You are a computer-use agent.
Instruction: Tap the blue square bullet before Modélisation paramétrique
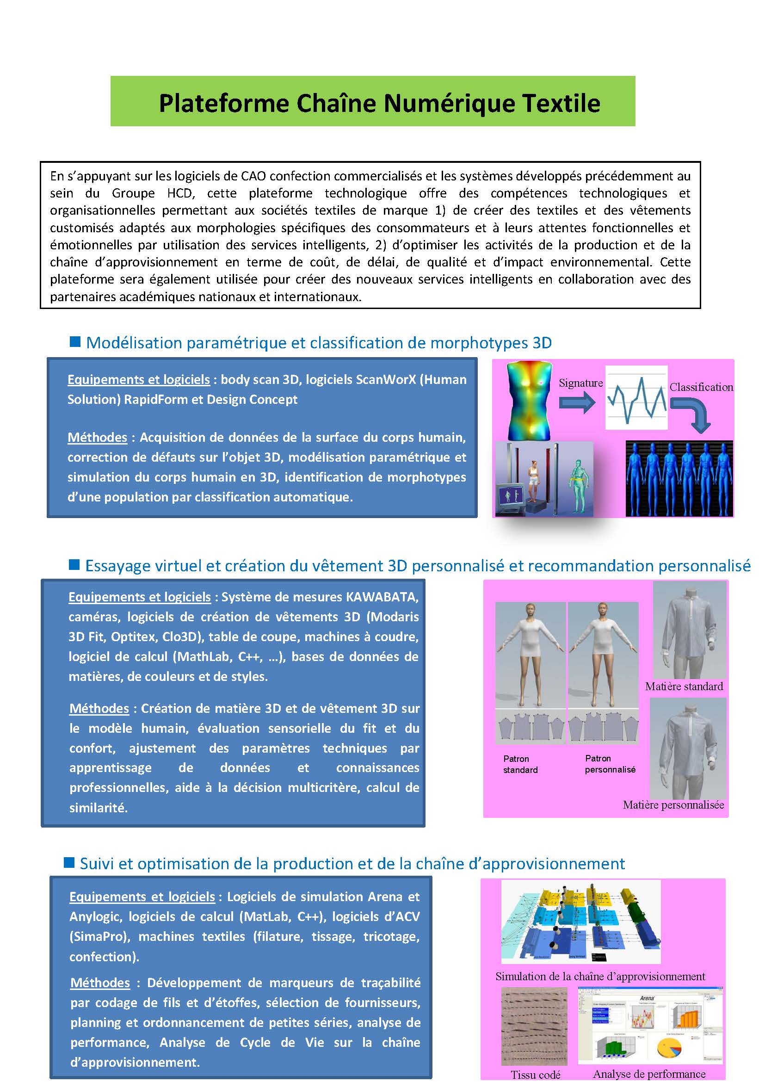(74, 342)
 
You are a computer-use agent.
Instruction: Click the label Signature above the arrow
(580, 383)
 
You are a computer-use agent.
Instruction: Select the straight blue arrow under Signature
(577, 403)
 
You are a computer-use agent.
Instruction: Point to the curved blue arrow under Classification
(693, 414)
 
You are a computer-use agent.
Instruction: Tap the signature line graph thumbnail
(636, 397)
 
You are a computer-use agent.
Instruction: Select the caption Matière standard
(684, 686)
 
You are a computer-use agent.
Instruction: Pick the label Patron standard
(519, 764)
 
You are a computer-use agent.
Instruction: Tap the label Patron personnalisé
(610, 763)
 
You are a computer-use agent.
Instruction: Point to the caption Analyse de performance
(648, 1074)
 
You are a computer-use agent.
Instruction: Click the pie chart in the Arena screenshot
(669, 1048)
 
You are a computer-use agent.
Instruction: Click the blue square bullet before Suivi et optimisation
(69, 862)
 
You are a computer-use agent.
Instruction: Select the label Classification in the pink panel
(701, 387)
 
